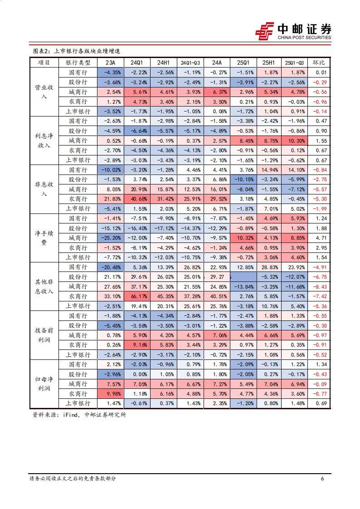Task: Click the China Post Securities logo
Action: click(x=293, y=30)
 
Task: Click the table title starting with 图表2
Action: click(x=77, y=51)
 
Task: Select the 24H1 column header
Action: click(x=163, y=63)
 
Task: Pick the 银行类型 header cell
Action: click(x=78, y=63)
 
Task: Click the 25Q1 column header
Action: click(x=243, y=63)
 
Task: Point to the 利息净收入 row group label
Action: click(x=44, y=141)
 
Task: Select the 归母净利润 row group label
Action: click(x=44, y=384)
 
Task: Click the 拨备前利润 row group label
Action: click(x=44, y=335)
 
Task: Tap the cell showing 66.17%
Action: click(x=136, y=296)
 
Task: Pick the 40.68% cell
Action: click(x=136, y=199)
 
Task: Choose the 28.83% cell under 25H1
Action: click(x=270, y=267)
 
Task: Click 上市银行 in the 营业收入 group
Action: click(x=78, y=111)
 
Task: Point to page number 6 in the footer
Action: click(x=322, y=479)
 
